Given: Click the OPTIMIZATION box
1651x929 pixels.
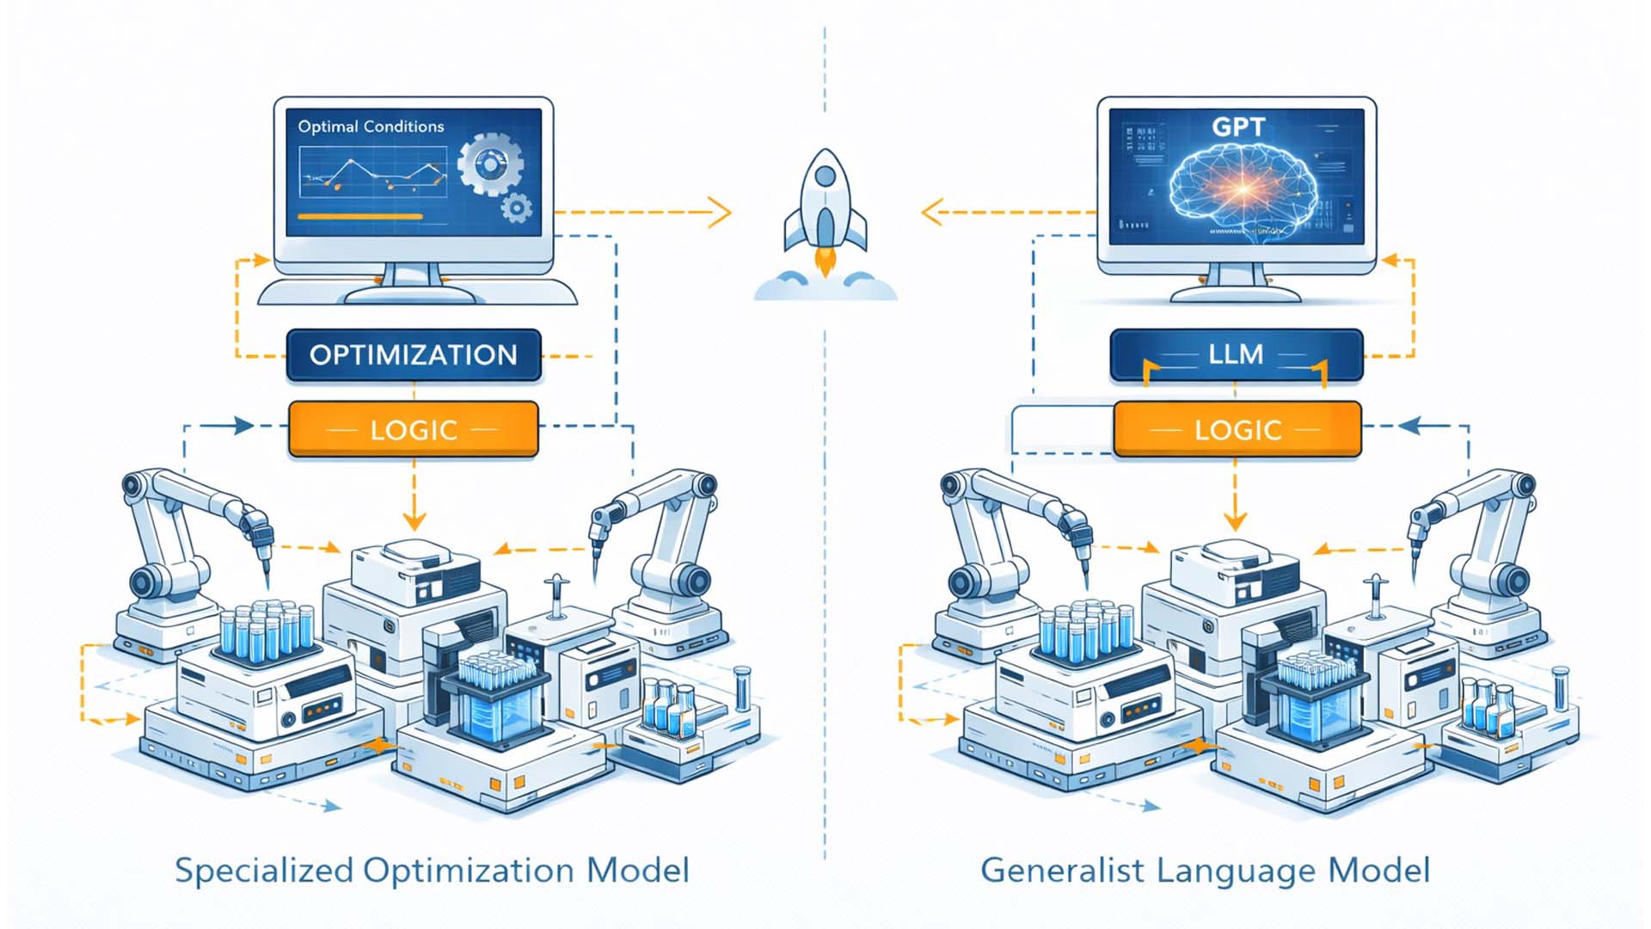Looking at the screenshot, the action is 414,355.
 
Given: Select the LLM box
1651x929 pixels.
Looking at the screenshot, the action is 1236,354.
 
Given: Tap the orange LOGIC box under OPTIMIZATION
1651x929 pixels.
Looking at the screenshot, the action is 414,429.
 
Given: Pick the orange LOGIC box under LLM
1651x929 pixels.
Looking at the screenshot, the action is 1237,429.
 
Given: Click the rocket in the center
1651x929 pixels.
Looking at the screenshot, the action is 825,211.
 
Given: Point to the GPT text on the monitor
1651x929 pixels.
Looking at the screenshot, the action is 1238,127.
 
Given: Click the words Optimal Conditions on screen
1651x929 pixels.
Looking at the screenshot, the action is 371,126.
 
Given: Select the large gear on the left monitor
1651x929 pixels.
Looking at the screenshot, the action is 489,163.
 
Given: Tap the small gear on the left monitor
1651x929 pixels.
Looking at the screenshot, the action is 516,206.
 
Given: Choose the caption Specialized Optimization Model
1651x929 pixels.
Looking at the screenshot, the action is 432,870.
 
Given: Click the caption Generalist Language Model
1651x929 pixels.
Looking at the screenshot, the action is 1205,870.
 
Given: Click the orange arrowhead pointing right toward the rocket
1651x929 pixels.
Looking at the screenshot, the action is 721,212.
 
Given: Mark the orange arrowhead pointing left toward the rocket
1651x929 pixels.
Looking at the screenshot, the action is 932,212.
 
